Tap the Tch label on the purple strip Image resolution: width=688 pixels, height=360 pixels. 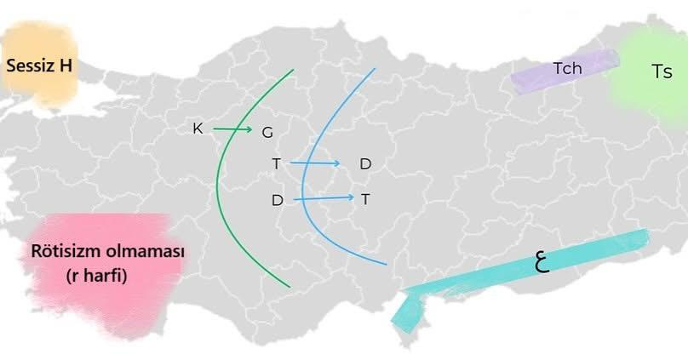coord(567,68)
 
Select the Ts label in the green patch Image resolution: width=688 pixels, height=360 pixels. coord(662,72)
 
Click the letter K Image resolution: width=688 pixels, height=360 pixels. coord(198,129)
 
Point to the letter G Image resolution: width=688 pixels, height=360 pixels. coord(267,132)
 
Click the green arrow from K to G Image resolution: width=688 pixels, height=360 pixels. coord(232,129)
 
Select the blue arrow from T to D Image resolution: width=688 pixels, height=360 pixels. coord(315,162)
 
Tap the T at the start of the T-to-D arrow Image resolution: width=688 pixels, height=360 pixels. coord(276,163)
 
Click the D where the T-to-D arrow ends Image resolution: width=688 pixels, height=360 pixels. coord(365,163)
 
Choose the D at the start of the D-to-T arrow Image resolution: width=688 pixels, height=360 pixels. coord(277,201)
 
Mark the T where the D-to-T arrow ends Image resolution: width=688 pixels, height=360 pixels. coord(365,199)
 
